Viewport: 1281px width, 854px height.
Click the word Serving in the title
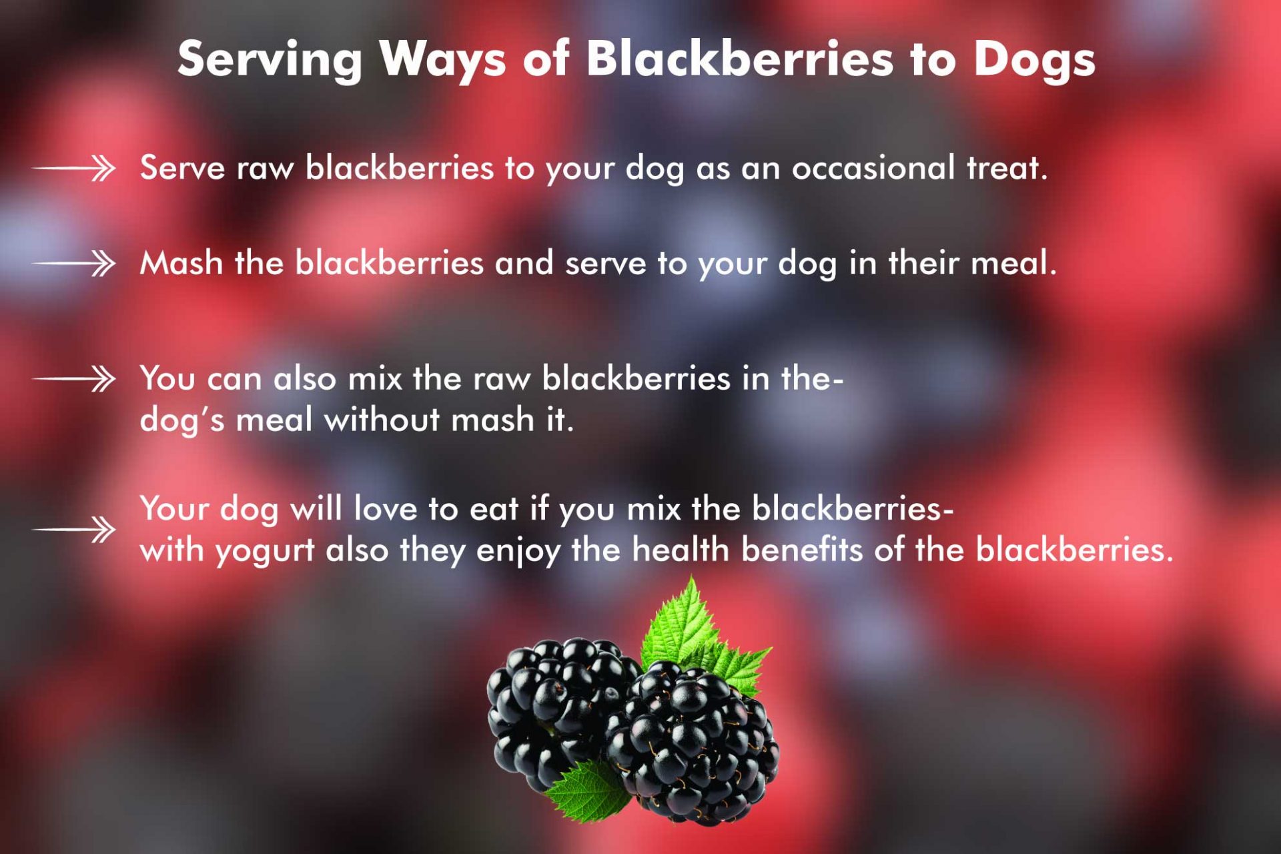270,59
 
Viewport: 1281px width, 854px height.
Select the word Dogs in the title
1033,59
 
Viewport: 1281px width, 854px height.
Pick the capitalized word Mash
181,263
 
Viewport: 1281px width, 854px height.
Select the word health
681,550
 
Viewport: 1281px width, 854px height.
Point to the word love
385,508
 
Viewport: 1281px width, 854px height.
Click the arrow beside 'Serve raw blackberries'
74,168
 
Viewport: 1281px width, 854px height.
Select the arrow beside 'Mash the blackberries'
74,264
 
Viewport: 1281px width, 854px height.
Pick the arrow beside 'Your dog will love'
74,530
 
